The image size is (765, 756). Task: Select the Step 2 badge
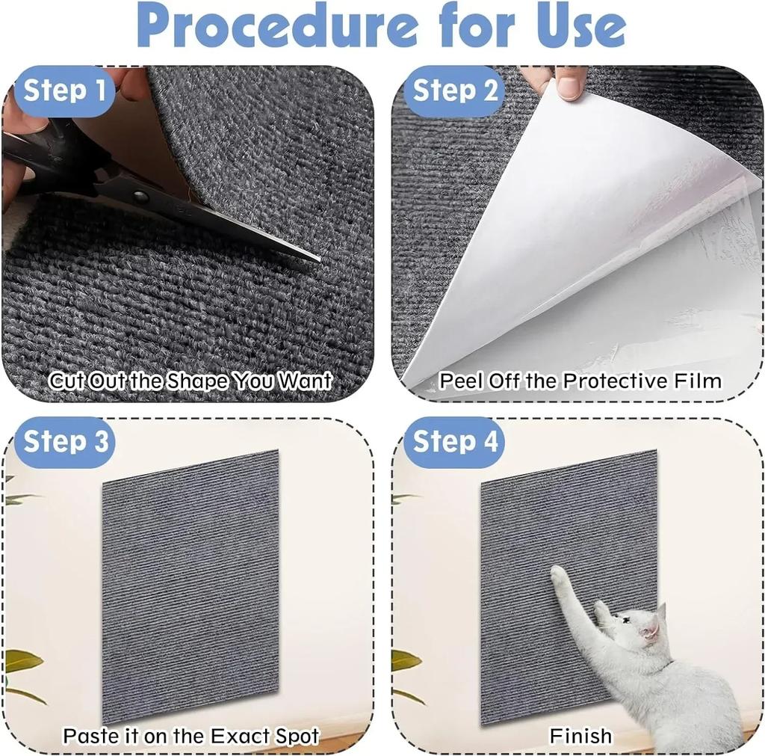(454, 91)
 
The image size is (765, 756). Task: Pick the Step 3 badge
(66, 441)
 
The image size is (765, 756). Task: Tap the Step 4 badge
(455, 441)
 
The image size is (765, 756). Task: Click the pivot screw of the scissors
(140, 197)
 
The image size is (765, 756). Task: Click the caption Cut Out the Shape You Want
(190, 381)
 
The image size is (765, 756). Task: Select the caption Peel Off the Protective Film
(580, 381)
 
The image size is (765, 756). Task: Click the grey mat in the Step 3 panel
(191, 583)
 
